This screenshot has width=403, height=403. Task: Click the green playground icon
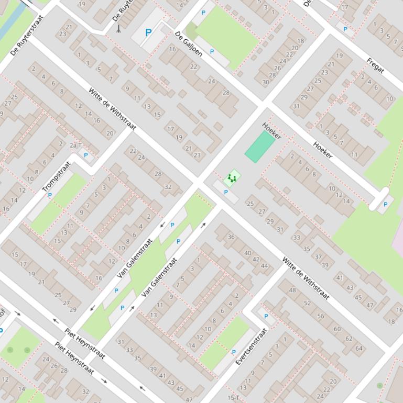pyautogui.click(x=231, y=178)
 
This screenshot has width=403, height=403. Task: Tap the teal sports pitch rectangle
pyautogui.click(x=259, y=147)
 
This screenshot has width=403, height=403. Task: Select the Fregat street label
pyautogui.click(x=375, y=65)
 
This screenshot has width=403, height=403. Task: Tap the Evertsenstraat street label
pyautogui.click(x=252, y=346)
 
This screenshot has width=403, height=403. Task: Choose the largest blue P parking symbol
pyautogui.click(x=148, y=32)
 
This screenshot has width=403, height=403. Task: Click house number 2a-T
pyautogui.click(x=76, y=145)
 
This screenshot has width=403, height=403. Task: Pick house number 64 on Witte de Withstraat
pyautogui.click(x=359, y=348)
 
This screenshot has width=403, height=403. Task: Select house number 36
pyautogui.click(x=231, y=237)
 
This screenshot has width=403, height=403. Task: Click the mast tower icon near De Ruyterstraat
pyautogui.click(x=118, y=28)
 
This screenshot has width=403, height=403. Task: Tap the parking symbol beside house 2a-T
pyautogui.click(x=86, y=155)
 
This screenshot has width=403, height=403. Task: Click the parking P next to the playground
pyautogui.click(x=226, y=192)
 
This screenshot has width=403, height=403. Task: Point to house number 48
pyautogui.click(x=292, y=290)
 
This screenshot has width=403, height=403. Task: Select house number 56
pyautogui.click(x=321, y=316)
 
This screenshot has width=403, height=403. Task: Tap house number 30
pyautogui.click(x=266, y=82)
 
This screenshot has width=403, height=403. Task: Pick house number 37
pyautogui.click(x=318, y=257)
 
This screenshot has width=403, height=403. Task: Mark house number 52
pyautogui.click(x=307, y=303)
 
